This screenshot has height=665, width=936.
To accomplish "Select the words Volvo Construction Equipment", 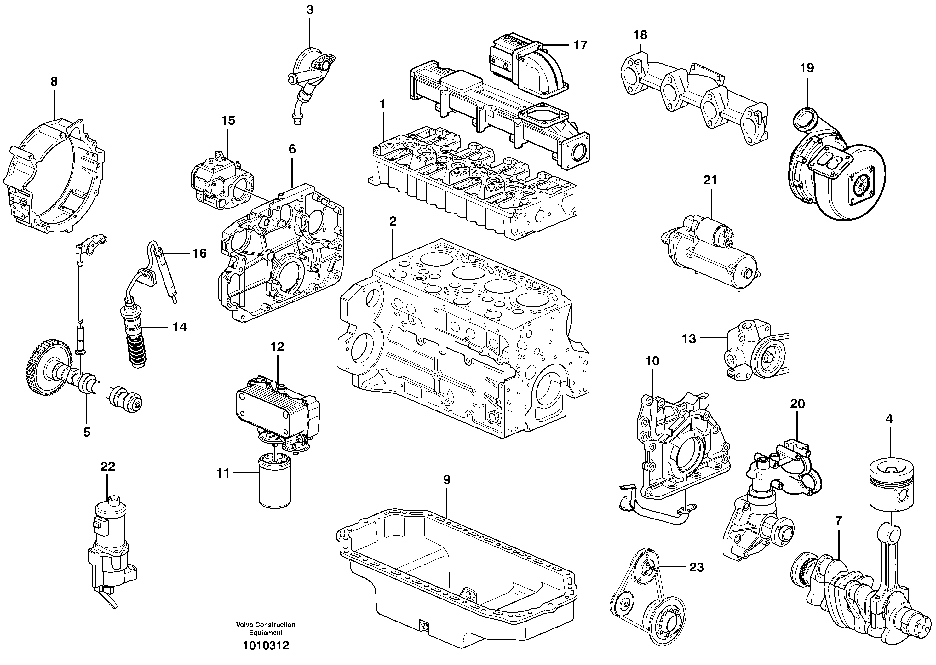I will click(x=265, y=628).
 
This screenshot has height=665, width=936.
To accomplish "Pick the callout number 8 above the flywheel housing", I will click(x=54, y=82).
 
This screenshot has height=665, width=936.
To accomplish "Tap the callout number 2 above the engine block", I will click(x=393, y=221).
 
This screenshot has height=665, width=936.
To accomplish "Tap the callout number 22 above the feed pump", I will click(x=108, y=467).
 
